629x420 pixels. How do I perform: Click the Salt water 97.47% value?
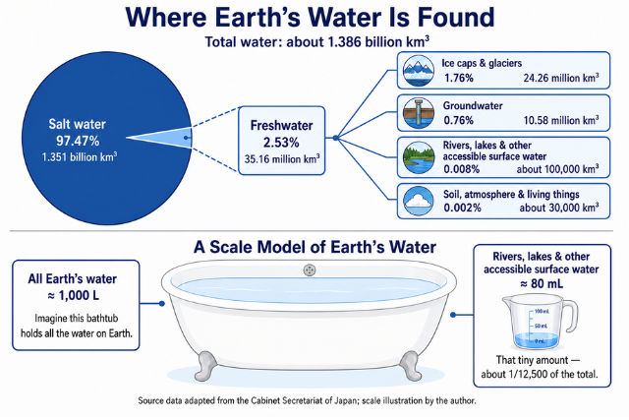coord(78,141)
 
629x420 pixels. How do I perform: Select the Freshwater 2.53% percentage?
coord(281,143)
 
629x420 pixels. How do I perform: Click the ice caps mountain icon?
coord(419,71)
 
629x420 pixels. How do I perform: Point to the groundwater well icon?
coord(419,113)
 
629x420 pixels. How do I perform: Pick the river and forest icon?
coord(419,157)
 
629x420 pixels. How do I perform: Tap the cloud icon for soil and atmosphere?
coord(419,202)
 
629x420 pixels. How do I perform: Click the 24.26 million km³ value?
coord(561,78)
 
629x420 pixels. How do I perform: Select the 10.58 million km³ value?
coord(561,120)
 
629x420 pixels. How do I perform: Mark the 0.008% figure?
coord(461,169)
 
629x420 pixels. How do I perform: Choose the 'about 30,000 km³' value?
coord(559,208)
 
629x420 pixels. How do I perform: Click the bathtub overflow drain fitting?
coord(310,270)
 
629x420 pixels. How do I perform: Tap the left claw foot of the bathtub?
coord(205,366)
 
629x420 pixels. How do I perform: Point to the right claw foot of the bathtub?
coord(411,366)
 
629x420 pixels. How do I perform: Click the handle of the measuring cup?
coord(570,317)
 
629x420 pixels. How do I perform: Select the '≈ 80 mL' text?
coord(542,284)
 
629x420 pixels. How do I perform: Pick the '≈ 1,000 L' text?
coord(73,296)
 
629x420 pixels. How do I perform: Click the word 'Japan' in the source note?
coord(345,400)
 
